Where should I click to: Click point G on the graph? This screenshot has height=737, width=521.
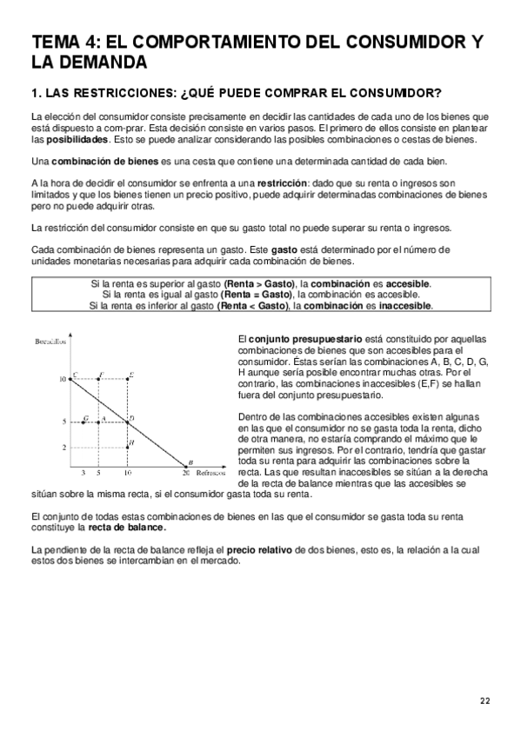84,422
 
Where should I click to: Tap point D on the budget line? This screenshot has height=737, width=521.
128,422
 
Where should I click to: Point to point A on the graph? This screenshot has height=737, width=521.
100,422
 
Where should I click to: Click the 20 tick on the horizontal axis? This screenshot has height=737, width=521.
185,474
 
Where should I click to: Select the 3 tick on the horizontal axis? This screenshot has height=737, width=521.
83,474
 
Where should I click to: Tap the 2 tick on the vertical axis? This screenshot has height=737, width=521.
63,447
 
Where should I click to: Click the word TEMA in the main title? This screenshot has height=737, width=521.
54,42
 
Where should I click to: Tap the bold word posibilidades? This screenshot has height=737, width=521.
77,138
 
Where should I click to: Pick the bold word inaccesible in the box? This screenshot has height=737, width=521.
404,305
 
